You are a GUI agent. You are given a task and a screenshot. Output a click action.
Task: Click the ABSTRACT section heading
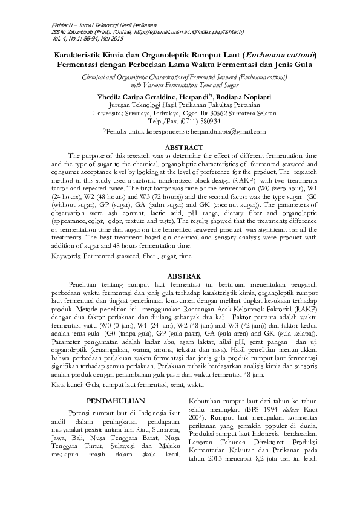click(180, 146)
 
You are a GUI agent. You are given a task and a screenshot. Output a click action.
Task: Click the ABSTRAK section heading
click(180, 276)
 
